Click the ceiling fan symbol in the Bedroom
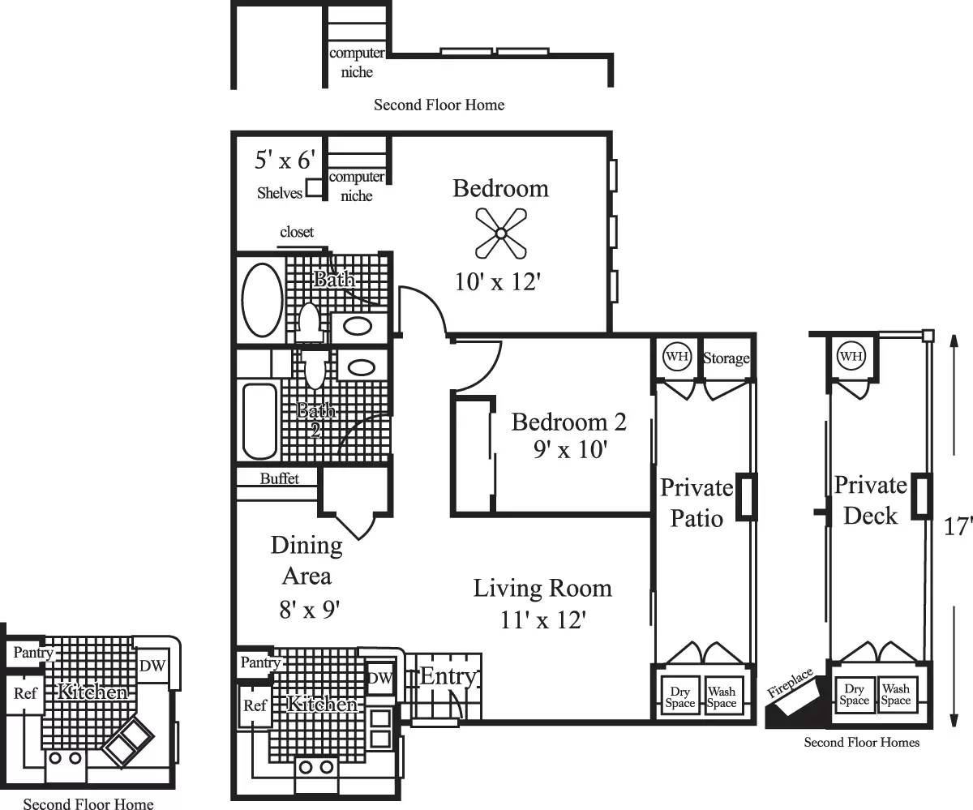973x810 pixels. [501, 234]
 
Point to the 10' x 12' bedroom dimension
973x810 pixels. [497, 281]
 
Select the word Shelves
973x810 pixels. [280, 193]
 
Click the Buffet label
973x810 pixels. [279, 478]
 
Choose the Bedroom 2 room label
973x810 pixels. [569, 422]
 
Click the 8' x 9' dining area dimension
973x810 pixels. [307, 608]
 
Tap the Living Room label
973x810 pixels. [542, 587]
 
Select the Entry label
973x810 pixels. [448, 676]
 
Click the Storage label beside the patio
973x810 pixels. [726, 358]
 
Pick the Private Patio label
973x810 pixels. [697, 503]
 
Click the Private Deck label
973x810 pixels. [871, 500]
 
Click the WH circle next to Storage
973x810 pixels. [676, 357]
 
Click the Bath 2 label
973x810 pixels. [315, 420]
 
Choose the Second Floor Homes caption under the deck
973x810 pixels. [861, 742]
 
